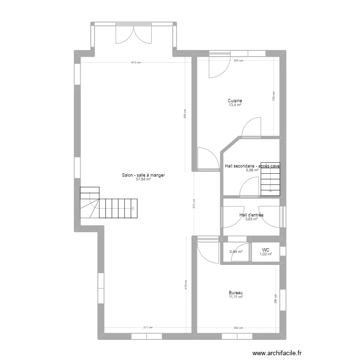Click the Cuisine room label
coord(235,101)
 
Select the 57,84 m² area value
coord(144,180)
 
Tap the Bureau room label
coord(235,293)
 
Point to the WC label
coord(265,250)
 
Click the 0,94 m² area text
coord(236,252)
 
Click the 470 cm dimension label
coord(137,62)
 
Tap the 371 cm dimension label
coord(147,328)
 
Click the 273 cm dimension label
coord(193,204)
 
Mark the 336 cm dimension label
coord(274,96)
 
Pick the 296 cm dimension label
coord(275,299)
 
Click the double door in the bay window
coord(133,34)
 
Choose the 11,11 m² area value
coord(235,297)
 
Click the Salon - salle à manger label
coord(144,176)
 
